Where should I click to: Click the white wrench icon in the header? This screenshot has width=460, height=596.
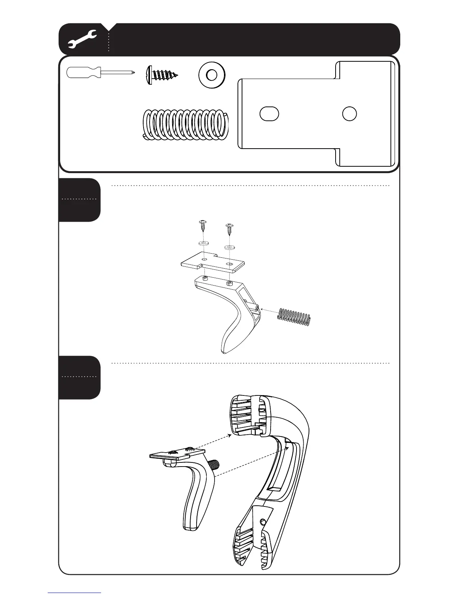coord(82,39)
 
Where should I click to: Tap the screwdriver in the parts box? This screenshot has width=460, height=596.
coord(100,73)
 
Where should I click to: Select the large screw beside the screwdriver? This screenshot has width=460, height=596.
coord(162,76)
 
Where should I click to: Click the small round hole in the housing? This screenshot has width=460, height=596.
coord(263,521)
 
